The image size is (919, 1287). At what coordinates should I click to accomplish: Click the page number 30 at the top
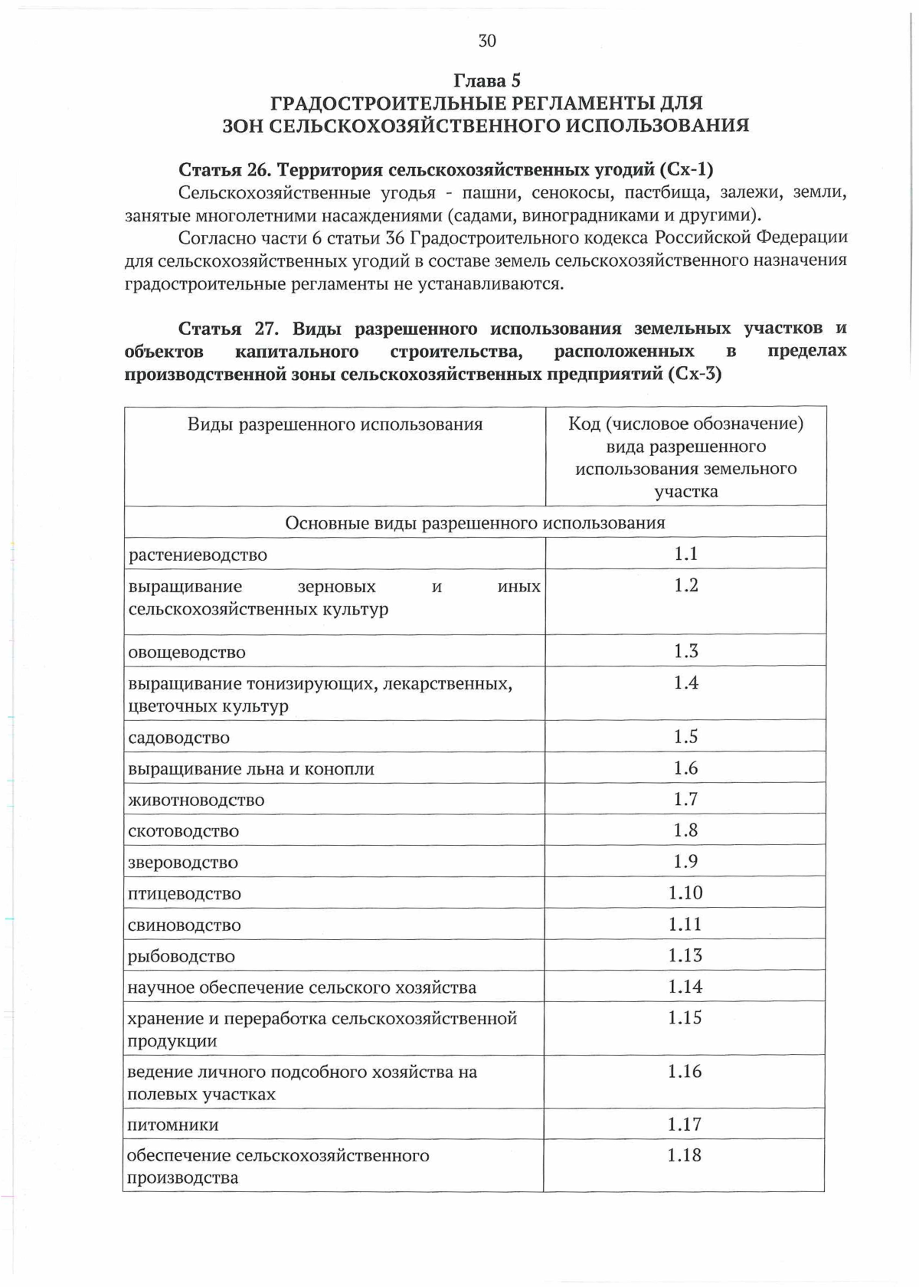[487, 41]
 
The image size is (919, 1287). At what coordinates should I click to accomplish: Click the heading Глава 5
[487, 80]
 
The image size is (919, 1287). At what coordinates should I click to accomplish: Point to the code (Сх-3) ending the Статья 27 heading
[694, 375]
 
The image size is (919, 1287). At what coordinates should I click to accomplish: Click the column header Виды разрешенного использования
[335, 424]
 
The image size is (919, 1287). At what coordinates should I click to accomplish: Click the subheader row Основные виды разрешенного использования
[475, 522]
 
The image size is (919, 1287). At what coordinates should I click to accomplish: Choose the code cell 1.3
[685, 650]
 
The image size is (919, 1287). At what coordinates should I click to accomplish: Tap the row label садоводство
[178, 738]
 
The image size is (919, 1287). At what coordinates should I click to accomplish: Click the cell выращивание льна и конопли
[251, 769]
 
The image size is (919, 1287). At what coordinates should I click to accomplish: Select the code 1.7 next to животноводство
[685, 799]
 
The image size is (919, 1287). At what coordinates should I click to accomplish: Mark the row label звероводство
[183, 863]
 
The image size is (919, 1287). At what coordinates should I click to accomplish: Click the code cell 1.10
[685, 892]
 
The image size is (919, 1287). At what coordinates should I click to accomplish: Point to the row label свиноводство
[185, 925]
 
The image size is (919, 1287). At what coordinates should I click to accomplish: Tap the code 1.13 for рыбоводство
[685, 955]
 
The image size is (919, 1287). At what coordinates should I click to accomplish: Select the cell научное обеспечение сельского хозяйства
[302, 988]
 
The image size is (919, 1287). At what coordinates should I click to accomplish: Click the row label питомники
[173, 1125]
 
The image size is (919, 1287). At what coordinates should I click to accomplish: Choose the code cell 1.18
[684, 1155]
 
